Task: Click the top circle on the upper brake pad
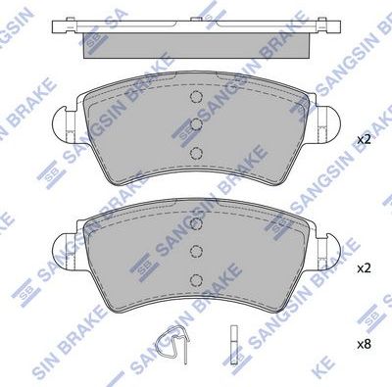click(194, 100)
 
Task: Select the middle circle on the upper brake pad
click(194, 125)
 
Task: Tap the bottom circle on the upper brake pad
click(194, 152)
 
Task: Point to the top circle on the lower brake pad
click(194, 228)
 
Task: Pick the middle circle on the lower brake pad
click(194, 253)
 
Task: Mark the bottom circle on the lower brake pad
click(194, 278)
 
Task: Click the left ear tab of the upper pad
click(62, 123)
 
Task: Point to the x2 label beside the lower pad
click(364, 267)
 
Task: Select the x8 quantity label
click(364, 343)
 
